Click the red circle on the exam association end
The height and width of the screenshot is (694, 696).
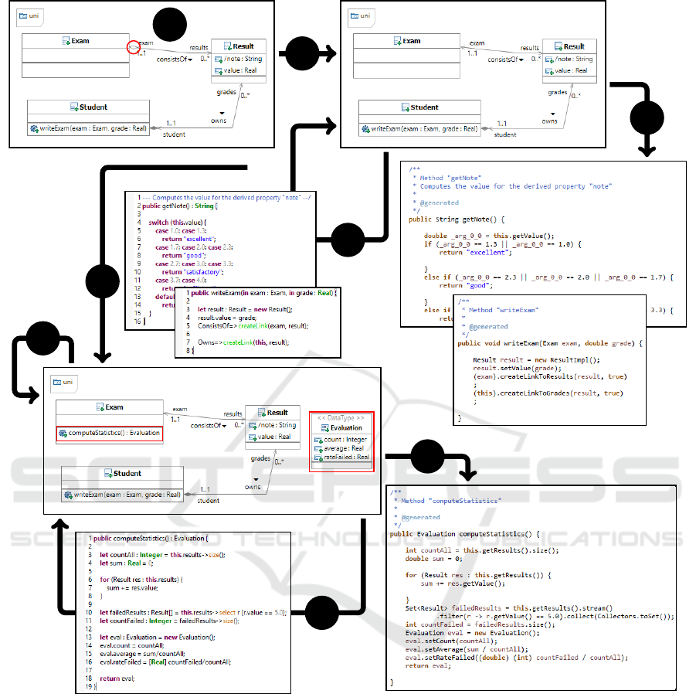click(134, 48)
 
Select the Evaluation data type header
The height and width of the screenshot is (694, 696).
click(345, 427)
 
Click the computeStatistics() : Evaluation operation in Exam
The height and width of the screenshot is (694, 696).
click(110, 433)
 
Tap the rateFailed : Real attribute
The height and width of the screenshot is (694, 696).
click(345, 457)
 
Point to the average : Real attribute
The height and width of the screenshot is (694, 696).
click(345, 448)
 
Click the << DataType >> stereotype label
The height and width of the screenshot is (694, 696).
click(341, 417)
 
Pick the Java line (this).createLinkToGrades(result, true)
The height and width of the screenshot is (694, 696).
click(548, 393)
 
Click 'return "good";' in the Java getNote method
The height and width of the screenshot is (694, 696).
click(467, 285)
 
